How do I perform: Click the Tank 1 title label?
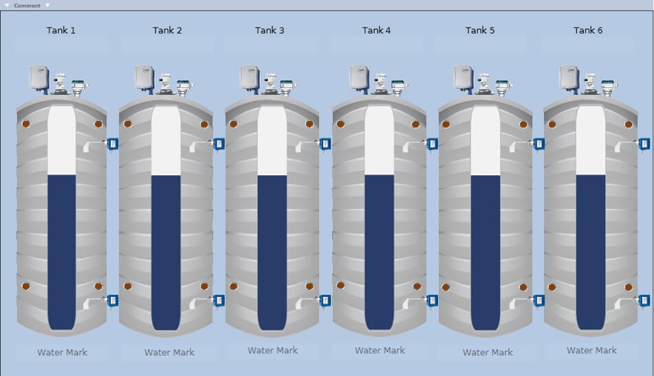click(61, 30)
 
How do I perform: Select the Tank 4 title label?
click(376, 30)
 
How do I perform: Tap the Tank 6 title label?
click(588, 30)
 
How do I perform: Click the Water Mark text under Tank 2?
click(169, 352)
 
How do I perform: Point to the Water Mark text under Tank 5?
click(488, 352)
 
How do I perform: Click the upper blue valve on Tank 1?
click(113, 144)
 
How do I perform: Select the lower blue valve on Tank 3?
click(325, 300)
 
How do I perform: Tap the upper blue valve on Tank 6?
click(644, 144)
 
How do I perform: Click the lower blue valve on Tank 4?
click(432, 300)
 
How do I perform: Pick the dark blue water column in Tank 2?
click(166, 252)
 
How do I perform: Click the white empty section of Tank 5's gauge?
click(486, 140)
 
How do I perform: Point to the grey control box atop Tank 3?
click(250, 78)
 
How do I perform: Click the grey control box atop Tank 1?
click(39, 78)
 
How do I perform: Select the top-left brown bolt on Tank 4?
click(341, 124)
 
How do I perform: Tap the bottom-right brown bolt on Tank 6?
click(629, 287)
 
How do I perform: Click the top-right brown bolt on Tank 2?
click(204, 124)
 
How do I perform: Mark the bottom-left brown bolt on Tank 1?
click(26, 287)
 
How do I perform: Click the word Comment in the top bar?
click(27, 5)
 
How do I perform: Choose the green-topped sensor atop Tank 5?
click(503, 87)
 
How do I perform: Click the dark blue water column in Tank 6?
click(591, 252)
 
